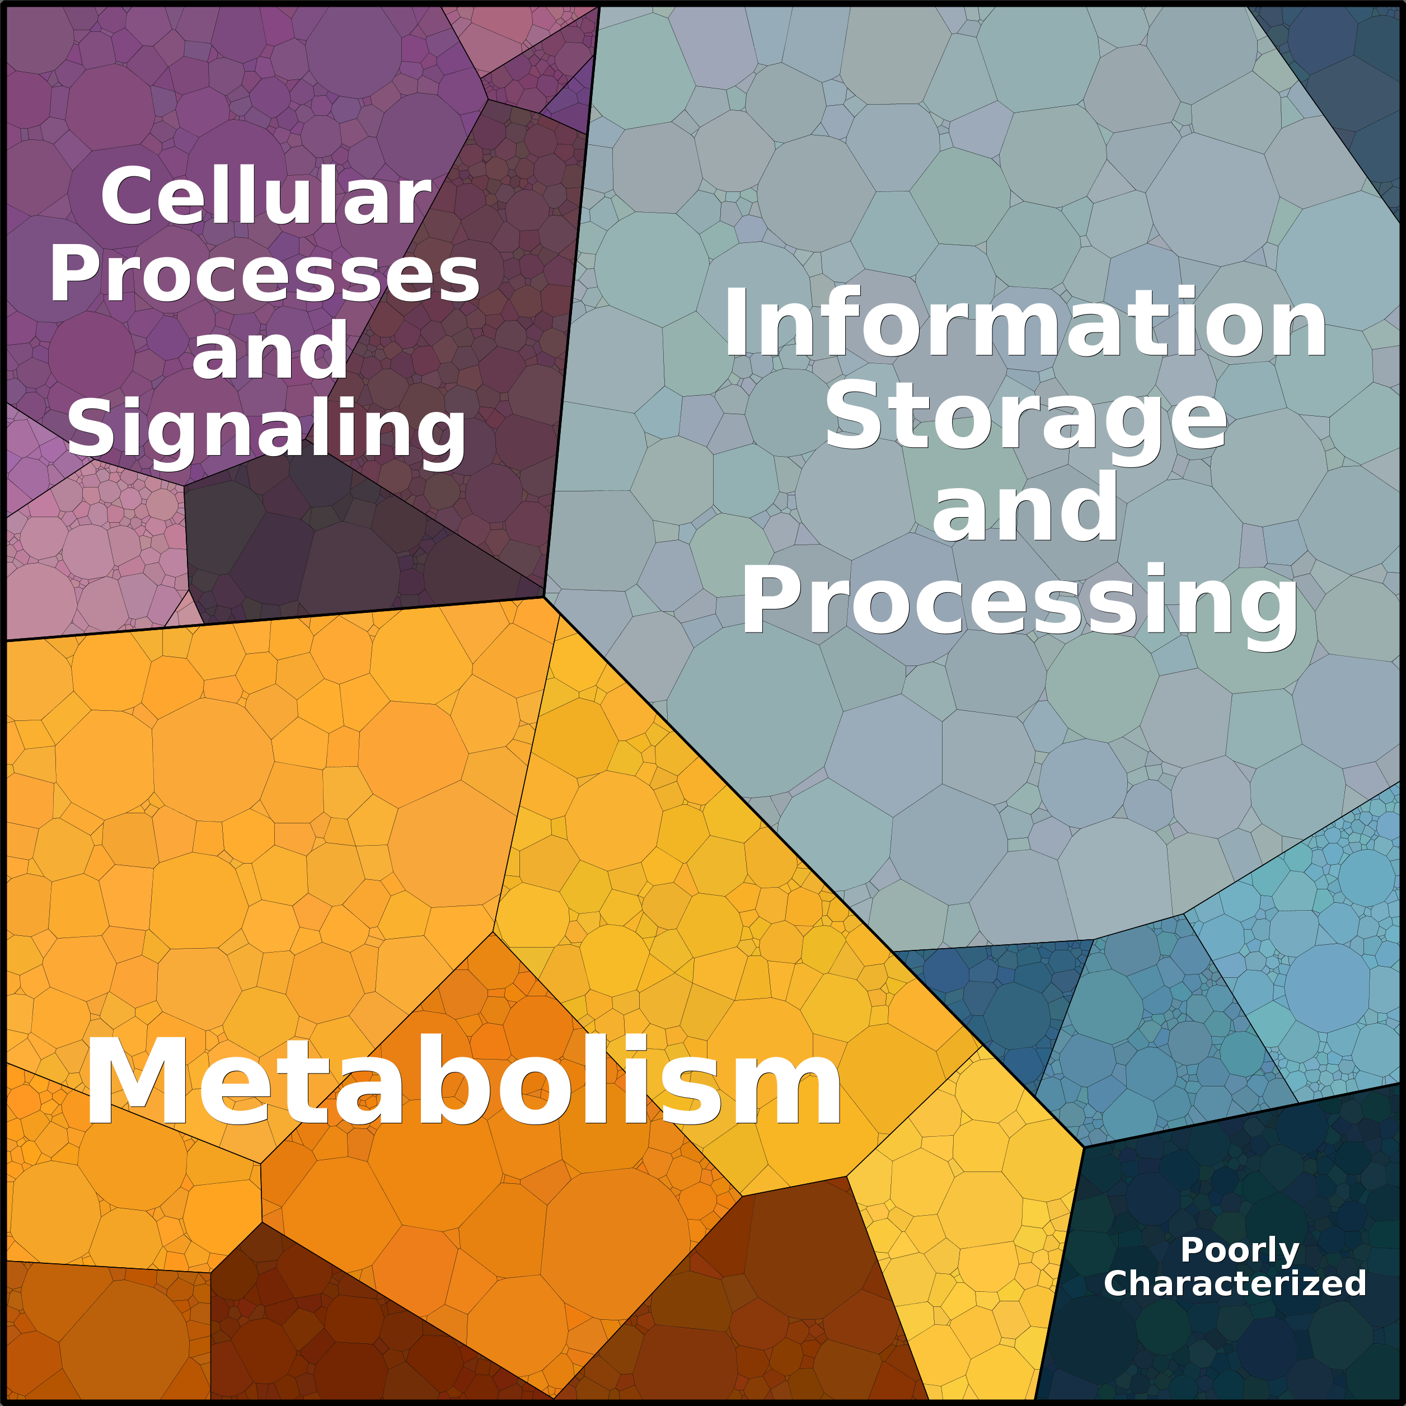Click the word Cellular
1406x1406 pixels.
(x=266, y=196)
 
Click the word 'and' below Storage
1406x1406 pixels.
(x=1025, y=507)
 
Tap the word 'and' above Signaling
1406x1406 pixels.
(x=269, y=351)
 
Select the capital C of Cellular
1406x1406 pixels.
(x=124, y=196)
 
